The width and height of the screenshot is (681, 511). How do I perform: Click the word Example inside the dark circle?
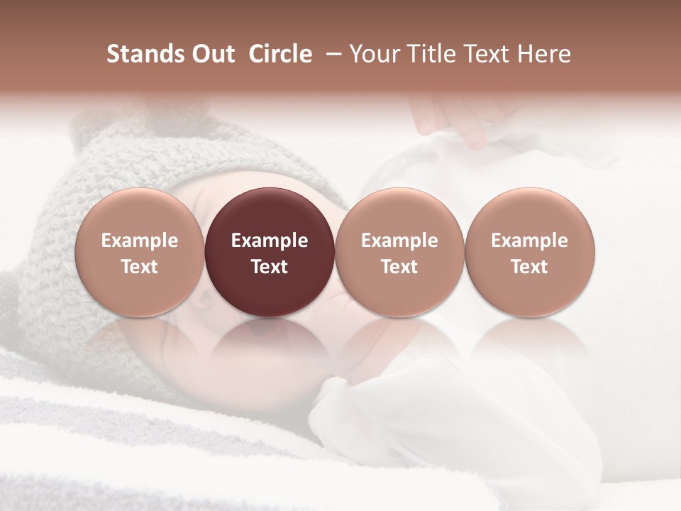coord(270,241)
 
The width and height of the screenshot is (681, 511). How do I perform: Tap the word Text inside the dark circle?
coord(270,267)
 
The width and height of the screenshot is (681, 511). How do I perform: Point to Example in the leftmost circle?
coord(140,241)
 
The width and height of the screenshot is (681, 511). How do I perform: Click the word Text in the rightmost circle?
coord(529,267)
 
